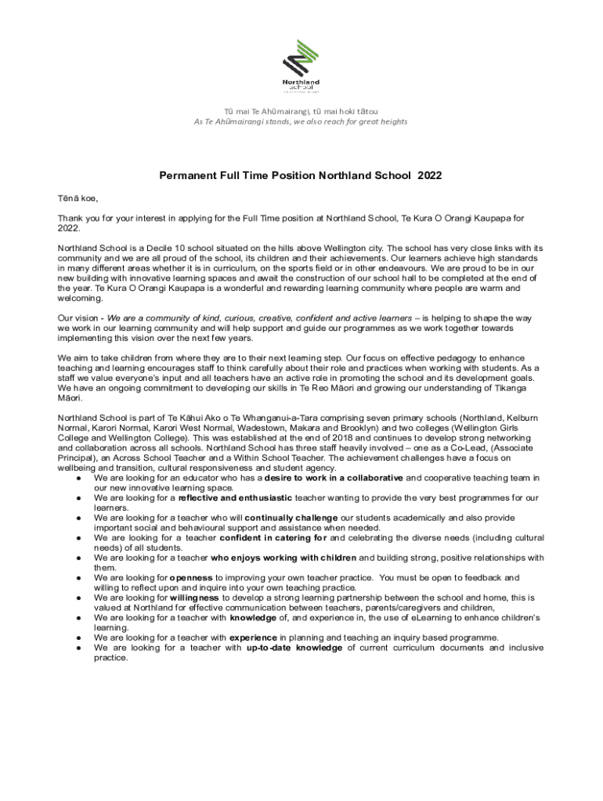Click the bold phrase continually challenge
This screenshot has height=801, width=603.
coord(291,518)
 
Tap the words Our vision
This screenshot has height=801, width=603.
coord(78,318)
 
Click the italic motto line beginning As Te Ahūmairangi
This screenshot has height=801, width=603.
coord(301,121)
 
